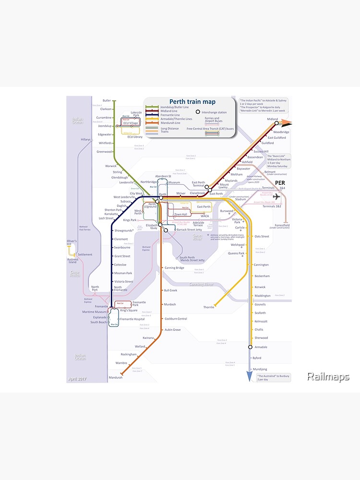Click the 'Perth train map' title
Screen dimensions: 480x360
192,102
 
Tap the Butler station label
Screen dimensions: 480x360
106,101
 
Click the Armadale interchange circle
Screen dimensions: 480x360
250,347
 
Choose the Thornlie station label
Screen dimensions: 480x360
209,307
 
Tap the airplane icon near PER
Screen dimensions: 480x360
277,196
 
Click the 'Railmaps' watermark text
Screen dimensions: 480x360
328,377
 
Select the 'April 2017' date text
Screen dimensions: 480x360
78,379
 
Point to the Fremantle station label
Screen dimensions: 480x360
101,306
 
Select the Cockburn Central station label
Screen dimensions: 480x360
176,319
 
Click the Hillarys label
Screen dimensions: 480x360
85,139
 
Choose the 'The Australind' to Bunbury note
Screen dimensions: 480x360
273,377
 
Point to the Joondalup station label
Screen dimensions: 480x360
105,126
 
